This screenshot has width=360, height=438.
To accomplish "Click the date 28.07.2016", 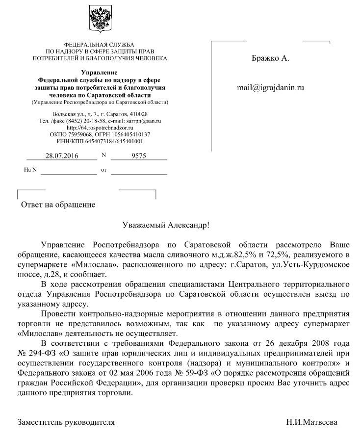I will [62, 156].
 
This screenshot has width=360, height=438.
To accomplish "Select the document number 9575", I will [139, 156].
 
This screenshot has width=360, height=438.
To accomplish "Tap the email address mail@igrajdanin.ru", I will [270, 88].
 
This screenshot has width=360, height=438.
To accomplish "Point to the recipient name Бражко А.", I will [270, 58].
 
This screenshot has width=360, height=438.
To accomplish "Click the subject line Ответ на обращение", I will [58, 204].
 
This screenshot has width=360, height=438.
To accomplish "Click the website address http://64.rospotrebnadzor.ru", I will [100, 128].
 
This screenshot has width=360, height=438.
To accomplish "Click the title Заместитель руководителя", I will [66, 422].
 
